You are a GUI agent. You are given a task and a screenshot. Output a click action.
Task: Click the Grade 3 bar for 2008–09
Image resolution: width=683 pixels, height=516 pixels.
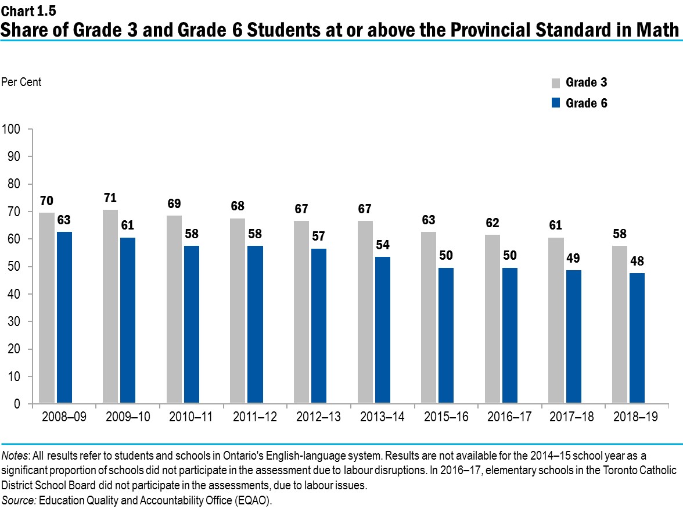point(47,308)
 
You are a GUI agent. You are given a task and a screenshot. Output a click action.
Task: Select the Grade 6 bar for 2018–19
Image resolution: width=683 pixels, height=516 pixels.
point(637,338)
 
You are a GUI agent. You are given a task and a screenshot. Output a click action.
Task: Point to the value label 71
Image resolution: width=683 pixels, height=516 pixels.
point(110,197)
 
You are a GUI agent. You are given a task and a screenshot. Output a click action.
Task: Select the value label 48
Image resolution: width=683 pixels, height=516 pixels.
point(637,261)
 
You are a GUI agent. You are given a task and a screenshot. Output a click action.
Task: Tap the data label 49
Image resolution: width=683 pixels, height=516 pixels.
point(573,258)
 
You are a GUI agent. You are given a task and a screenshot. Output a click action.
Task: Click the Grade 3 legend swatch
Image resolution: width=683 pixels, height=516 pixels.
point(555,83)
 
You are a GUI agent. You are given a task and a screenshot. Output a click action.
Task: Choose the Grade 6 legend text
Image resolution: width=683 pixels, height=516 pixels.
point(587,103)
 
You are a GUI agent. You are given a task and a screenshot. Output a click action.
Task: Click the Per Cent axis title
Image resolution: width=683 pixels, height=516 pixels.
point(22,82)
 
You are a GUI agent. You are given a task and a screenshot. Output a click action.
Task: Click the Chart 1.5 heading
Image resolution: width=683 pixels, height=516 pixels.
point(24,9)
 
